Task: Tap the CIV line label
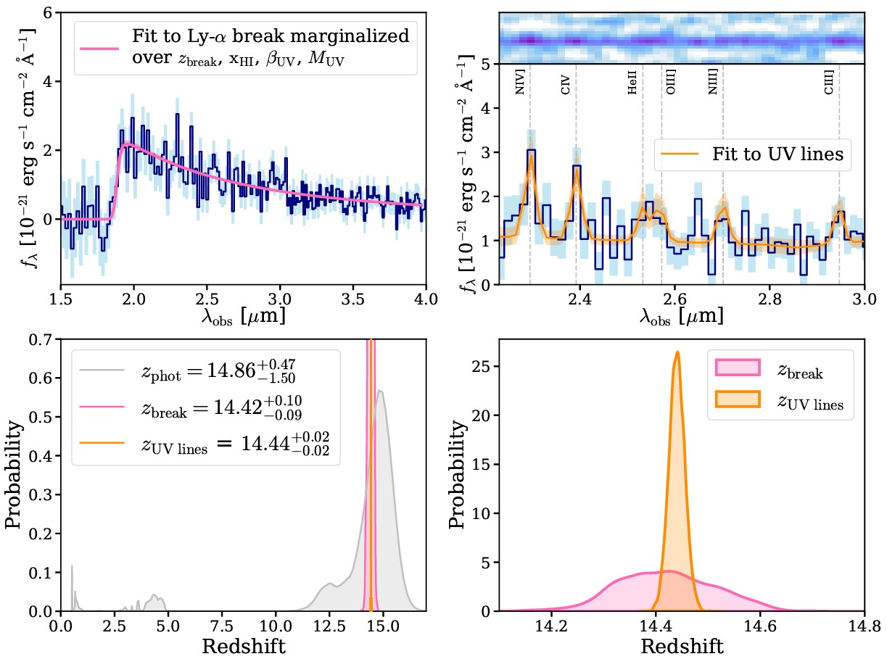(566, 85)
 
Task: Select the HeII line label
(632, 86)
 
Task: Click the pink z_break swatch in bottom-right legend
(734, 369)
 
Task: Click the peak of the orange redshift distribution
(677, 353)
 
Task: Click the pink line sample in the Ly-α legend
(97, 47)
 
